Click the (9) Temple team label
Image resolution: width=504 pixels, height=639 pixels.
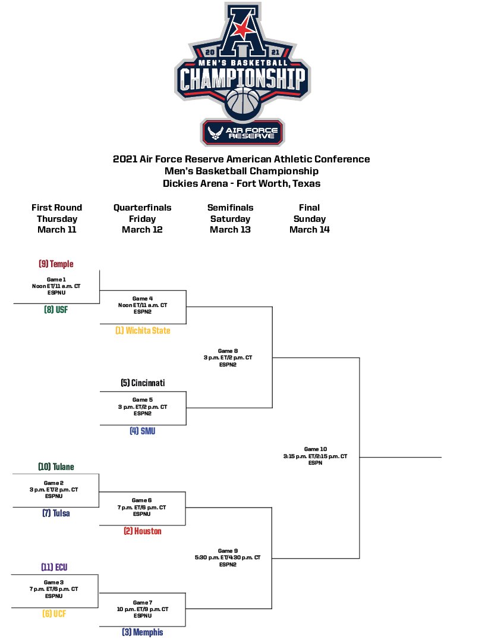[56, 264]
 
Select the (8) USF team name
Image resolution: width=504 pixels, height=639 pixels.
[56, 309]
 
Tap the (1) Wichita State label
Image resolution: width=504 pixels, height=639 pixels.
[143, 330]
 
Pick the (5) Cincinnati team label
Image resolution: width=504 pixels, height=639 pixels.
[143, 383]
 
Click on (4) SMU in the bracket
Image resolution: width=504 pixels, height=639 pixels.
[143, 431]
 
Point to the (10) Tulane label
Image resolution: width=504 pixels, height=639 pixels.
[56, 466]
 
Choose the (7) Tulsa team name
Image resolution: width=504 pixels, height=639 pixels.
[56, 513]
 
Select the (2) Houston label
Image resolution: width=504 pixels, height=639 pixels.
[143, 531]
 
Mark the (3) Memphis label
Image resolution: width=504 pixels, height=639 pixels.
[143, 632]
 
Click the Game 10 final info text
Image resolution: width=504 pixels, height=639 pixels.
[315, 456]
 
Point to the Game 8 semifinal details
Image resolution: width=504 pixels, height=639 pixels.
[228, 358]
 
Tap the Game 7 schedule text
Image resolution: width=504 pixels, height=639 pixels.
[143, 609]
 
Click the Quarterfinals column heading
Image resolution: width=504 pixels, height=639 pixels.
[143, 208]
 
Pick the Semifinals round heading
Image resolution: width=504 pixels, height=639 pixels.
[230, 208]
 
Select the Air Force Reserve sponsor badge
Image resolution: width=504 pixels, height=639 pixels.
[242, 132]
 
